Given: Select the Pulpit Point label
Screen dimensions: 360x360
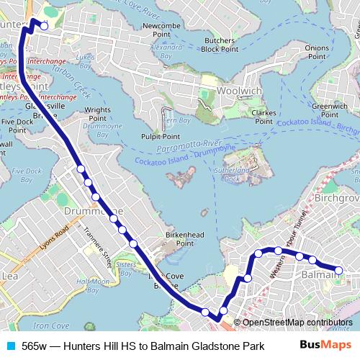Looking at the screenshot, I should (x=160, y=135).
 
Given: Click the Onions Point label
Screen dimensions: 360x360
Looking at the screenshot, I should (x=317, y=51).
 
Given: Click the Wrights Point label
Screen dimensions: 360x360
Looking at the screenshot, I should (x=98, y=114).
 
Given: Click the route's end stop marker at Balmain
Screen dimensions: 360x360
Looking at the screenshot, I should (x=339, y=271).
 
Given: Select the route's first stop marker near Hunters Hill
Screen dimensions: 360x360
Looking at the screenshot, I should (x=44, y=26).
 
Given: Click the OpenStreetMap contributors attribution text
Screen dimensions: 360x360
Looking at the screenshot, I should (x=297, y=323).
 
